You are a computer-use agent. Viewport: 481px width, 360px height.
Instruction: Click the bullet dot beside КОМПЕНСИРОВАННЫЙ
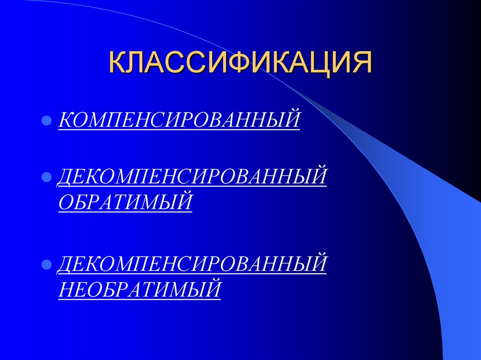point(47,120)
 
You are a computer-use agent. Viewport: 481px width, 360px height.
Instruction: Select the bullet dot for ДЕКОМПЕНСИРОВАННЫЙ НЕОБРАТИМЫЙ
point(47,264)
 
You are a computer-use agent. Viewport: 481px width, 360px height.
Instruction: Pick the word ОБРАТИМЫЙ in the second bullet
point(125,202)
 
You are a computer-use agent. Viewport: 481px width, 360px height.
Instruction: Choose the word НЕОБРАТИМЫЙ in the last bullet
point(140,287)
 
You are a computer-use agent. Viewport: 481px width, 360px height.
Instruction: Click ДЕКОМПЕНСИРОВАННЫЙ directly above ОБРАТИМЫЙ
point(192,177)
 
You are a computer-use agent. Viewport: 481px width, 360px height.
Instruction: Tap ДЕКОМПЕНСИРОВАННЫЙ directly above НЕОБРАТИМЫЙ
point(192,263)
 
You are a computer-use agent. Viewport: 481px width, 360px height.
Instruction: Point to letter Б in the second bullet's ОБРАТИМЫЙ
point(81,202)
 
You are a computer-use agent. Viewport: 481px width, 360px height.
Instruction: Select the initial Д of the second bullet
point(66,177)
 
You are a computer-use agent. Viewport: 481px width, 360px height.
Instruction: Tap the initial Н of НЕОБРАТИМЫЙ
point(66,287)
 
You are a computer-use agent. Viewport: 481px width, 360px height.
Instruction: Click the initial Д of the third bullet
point(66,263)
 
